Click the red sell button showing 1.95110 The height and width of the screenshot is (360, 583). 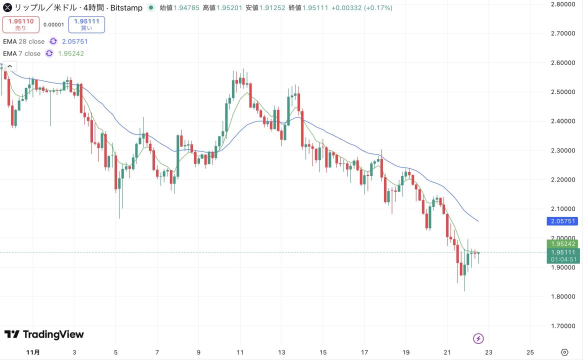(20, 24)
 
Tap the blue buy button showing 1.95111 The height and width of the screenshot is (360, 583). (86, 24)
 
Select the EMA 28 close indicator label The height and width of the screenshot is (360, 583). (23, 41)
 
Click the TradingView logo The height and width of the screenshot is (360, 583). (44, 334)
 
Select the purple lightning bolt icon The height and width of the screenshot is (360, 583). (478, 339)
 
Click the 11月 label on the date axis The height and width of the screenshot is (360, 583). (33, 352)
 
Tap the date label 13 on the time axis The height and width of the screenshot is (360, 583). (282, 352)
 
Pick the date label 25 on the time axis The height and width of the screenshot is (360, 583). (530, 352)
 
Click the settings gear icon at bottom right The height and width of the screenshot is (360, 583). (564, 352)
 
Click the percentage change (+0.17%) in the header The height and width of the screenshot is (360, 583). (378, 8)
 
